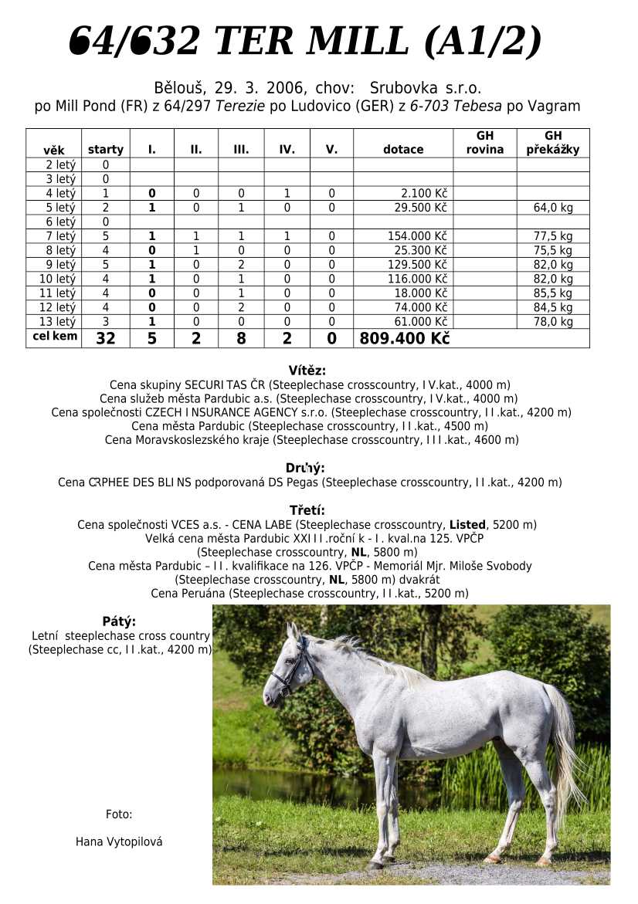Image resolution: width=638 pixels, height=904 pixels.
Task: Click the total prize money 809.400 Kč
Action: coord(404,338)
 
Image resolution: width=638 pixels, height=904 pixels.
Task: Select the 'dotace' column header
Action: coord(403,150)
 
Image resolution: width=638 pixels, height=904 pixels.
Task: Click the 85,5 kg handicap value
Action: coord(553,293)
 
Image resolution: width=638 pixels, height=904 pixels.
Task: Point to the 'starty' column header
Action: coord(106,150)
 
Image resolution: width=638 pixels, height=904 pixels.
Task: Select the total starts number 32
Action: coord(106,338)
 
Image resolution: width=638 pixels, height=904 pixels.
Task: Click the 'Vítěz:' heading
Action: coord(307,371)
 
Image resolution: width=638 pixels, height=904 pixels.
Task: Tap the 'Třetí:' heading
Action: coord(307,510)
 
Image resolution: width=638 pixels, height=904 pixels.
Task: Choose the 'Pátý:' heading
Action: coord(119,621)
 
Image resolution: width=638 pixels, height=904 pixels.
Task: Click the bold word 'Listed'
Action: coord(467,525)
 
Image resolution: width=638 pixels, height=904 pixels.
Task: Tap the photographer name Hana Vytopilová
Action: coord(119,841)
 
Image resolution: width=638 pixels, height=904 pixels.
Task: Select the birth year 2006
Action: coord(285,88)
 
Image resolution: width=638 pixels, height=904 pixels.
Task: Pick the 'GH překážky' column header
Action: coord(553,143)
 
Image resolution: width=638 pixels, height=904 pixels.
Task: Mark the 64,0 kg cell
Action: coord(553,208)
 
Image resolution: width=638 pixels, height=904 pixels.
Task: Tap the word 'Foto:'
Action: coord(119,814)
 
